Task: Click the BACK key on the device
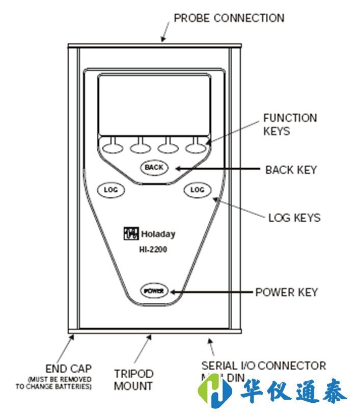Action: (154, 167)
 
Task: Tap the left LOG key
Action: (110, 190)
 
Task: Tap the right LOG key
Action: (197, 190)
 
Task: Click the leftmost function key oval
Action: (113, 148)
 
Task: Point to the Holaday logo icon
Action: (130, 234)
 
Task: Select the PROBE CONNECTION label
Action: (229, 18)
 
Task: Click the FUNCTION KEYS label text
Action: (289, 124)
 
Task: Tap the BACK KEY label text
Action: (291, 170)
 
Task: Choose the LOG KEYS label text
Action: (294, 218)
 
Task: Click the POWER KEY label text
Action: (286, 292)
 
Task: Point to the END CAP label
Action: (68, 368)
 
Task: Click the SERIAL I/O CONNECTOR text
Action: (263, 366)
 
